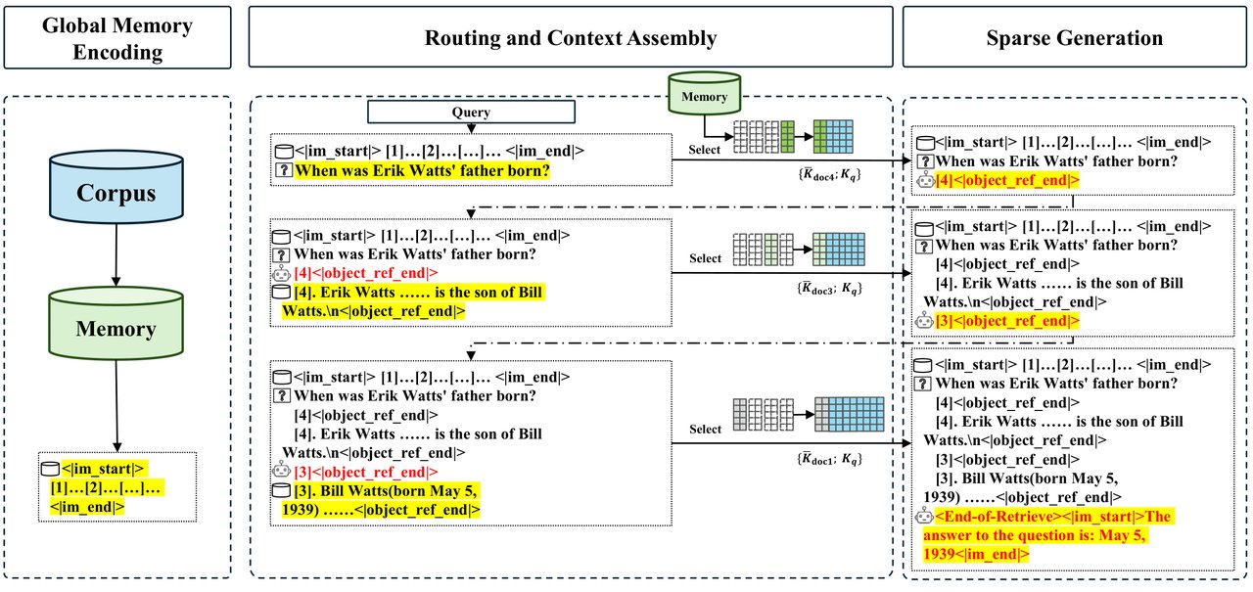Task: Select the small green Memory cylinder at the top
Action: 705,97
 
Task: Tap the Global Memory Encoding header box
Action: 117,38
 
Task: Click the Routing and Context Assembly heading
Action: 570,38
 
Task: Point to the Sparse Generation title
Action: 1076,38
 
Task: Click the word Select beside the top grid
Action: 705,151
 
